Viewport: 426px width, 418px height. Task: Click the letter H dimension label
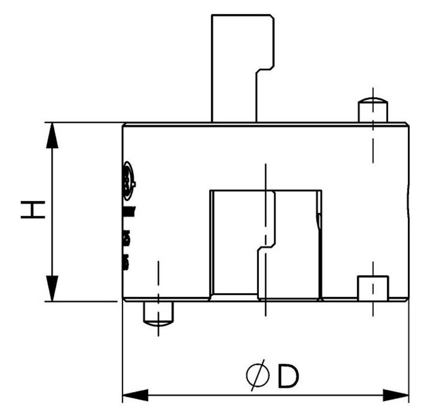click(32, 210)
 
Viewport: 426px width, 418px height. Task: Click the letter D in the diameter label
click(287, 377)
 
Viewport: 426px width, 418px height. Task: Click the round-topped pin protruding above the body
click(373, 109)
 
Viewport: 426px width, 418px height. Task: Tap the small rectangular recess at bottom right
click(373, 288)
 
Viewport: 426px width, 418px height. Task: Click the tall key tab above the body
click(235, 67)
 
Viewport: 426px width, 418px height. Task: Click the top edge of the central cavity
click(266, 190)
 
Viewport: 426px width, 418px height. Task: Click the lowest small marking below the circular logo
click(127, 262)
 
